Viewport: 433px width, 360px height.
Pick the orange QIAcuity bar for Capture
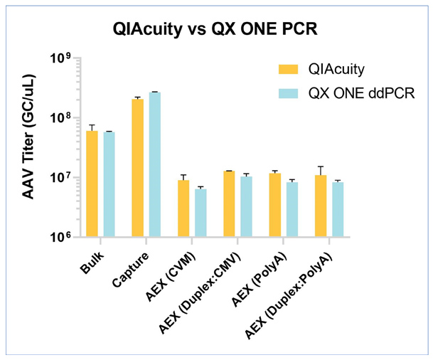[137, 168]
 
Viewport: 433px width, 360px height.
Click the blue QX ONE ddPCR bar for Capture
[154, 164]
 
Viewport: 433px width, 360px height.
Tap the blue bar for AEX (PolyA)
[292, 209]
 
